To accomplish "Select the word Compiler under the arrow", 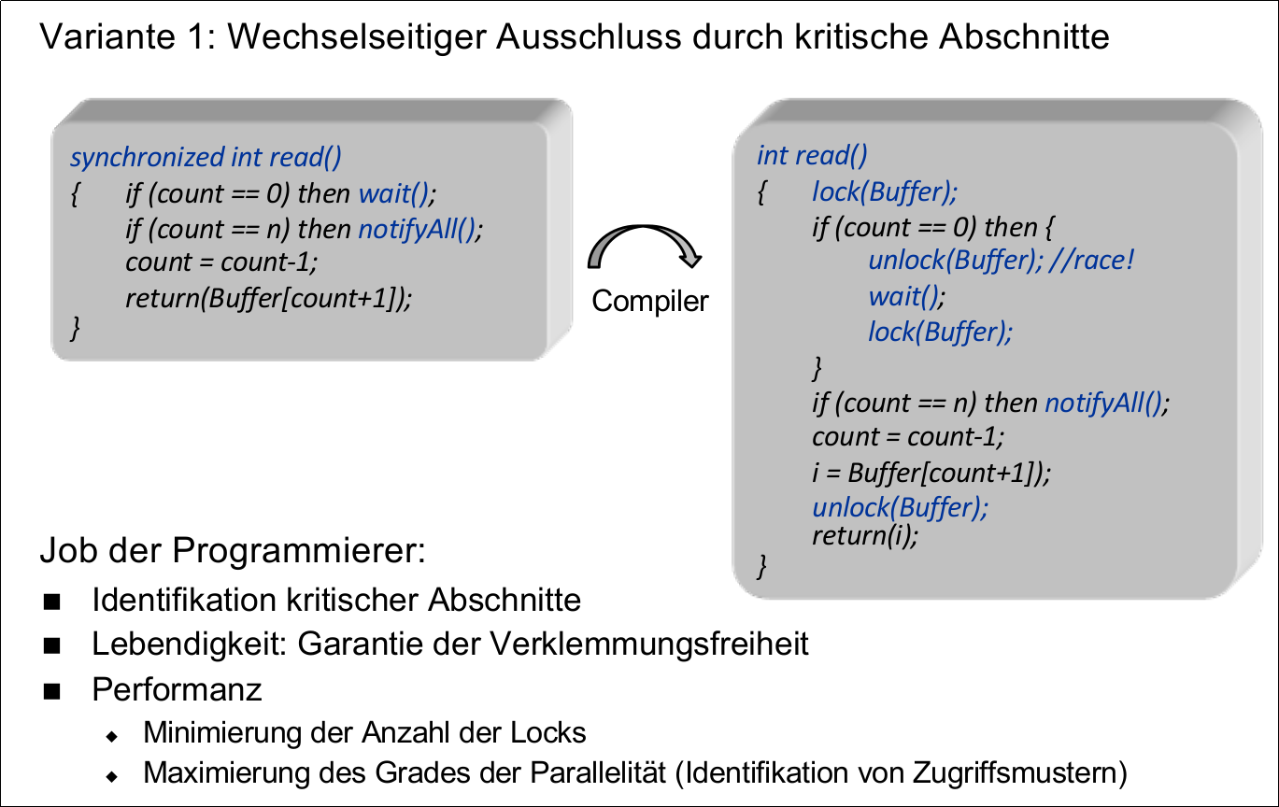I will (650, 302).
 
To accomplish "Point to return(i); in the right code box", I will (866, 536).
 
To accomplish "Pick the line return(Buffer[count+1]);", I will (268, 298).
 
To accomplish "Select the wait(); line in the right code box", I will (907, 297).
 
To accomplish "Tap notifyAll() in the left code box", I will (419, 230).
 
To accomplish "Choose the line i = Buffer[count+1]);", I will (931, 473).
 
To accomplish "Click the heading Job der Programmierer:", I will (233, 551).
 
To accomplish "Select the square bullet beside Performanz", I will (50, 691).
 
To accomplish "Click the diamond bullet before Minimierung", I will (112, 735).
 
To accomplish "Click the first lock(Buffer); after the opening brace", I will (885, 192).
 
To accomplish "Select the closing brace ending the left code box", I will (77, 329).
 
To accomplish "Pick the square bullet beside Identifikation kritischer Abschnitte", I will (50, 600).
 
